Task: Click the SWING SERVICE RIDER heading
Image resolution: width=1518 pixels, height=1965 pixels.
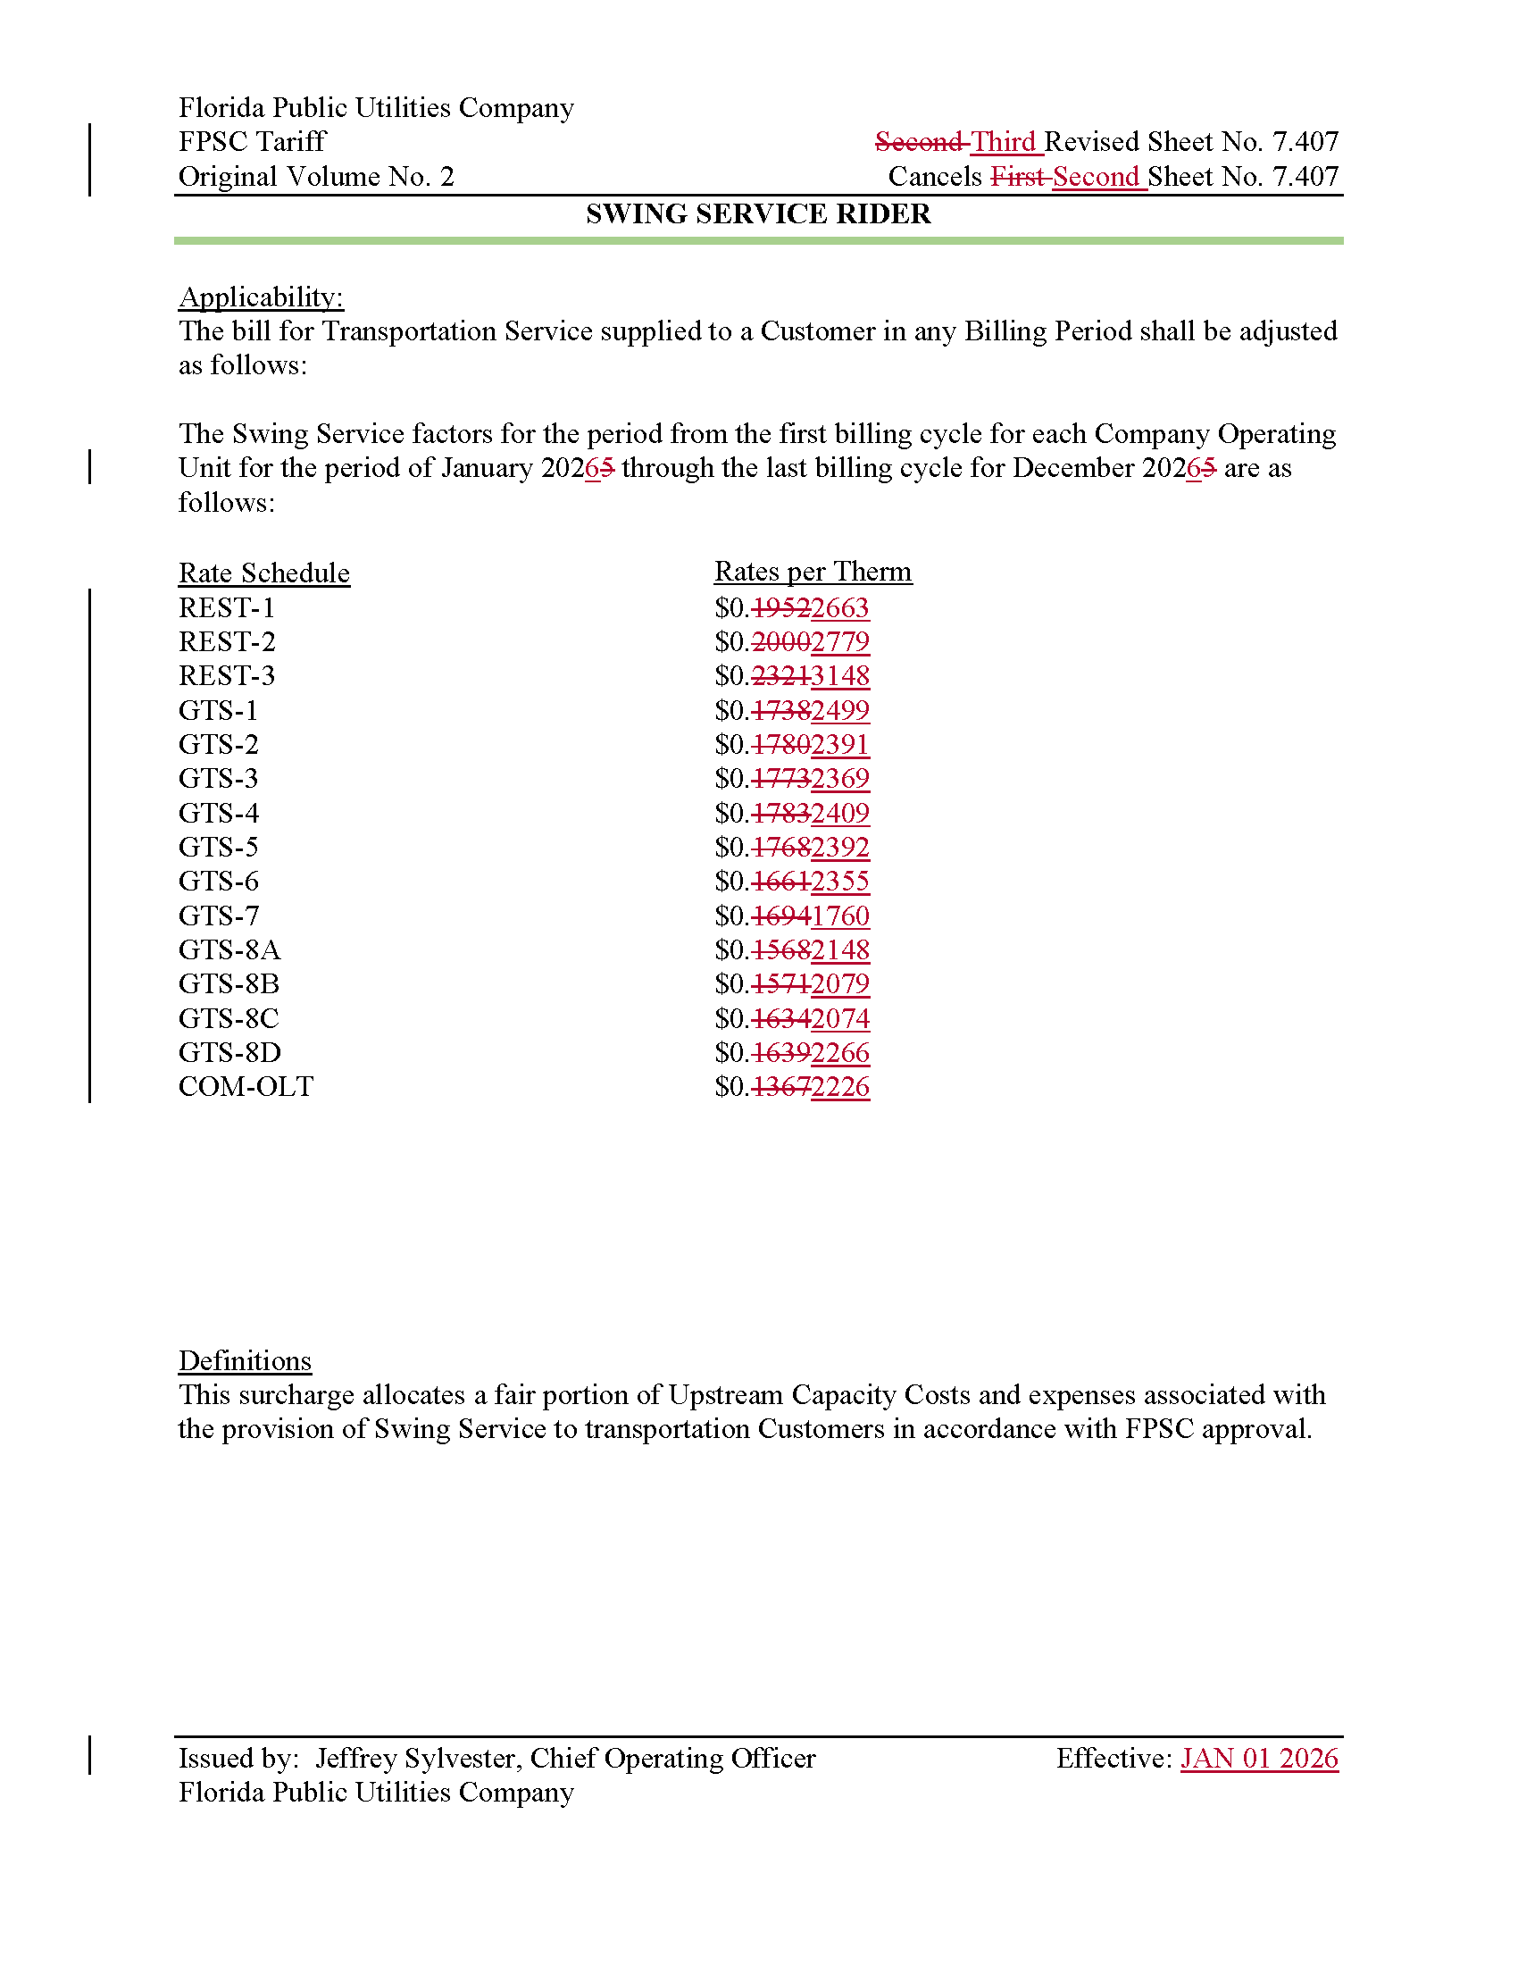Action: (758, 214)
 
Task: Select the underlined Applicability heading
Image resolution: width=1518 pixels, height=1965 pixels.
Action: (261, 297)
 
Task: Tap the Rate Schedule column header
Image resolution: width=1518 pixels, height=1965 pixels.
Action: (263, 573)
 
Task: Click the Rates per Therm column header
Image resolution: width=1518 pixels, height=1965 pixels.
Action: (813, 572)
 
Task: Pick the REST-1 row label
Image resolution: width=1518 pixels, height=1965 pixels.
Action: (227, 608)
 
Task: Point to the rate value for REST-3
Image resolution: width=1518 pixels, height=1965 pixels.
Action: (792, 676)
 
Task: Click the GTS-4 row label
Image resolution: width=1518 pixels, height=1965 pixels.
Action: (219, 814)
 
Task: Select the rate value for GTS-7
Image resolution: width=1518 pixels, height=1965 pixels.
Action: (792, 916)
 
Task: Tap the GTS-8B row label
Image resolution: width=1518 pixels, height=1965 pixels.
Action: (229, 984)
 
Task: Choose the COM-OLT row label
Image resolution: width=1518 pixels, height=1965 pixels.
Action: (246, 1087)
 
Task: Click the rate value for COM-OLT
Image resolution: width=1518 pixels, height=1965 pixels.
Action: (792, 1087)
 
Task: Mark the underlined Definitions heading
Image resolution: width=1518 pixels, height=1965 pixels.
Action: (245, 1361)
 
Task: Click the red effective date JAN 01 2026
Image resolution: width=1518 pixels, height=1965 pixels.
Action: (1259, 1759)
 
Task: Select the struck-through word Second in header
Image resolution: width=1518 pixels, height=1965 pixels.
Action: (919, 142)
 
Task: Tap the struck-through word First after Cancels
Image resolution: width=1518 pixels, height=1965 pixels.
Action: (1019, 176)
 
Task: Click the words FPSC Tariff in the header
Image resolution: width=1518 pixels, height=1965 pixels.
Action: (252, 142)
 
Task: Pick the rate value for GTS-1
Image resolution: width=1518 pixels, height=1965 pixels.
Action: (792, 711)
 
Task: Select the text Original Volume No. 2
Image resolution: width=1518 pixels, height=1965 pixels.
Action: (315, 176)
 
